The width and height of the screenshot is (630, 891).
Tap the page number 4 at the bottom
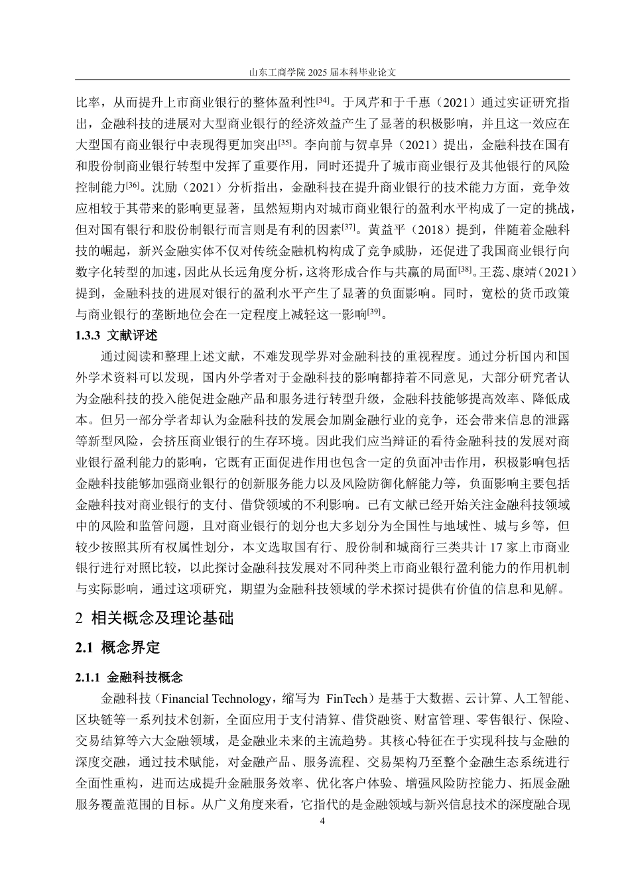pyautogui.click(x=322, y=821)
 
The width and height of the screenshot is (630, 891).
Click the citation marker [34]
pyautogui.click(x=323, y=100)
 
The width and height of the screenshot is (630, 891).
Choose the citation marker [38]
pyautogui.click(x=466, y=269)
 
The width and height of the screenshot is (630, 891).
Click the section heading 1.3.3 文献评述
pyautogui.click(x=117, y=335)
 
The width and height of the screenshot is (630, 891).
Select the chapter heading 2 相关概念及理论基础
pyautogui.click(x=155, y=618)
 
